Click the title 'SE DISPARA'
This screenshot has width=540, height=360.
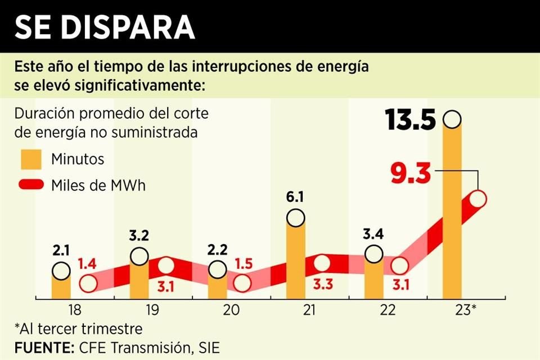(105, 26)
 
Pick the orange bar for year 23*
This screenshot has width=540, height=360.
(452, 214)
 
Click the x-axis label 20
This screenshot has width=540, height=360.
(231, 310)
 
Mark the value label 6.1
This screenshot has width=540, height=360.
(296, 197)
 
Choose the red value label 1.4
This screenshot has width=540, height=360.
(87, 263)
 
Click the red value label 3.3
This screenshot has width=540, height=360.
(322, 284)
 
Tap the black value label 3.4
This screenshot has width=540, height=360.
(373, 234)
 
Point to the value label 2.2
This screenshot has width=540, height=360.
(218, 249)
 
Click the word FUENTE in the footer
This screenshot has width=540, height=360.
(42, 348)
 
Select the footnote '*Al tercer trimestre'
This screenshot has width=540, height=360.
(78, 328)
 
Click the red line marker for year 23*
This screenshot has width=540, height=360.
(478, 199)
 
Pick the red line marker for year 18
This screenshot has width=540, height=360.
(88, 283)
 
